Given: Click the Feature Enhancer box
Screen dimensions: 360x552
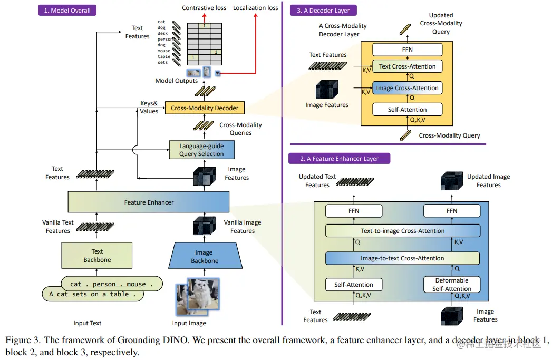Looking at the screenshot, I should [x=149, y=202].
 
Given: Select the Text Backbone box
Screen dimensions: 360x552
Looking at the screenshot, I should [x=96, y=256].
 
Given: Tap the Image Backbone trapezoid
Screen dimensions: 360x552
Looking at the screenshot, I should [x=204, y=257].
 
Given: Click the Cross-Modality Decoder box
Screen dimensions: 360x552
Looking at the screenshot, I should [x=205, y=108].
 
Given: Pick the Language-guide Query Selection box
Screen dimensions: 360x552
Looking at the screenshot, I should [x=201, y=150].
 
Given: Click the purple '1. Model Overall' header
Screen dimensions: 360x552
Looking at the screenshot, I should [x=67, y=10].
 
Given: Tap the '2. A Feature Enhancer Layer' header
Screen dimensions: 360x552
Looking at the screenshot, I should [x=339, y=158].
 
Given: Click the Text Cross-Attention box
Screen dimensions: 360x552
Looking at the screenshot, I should [x=407, y=66].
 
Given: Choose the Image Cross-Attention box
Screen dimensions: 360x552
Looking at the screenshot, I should [x=407, y=88].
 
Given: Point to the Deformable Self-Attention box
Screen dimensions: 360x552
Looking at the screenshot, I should [x=452, y=285].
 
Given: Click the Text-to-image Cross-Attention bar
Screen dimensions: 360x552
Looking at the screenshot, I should [x=402, y=231].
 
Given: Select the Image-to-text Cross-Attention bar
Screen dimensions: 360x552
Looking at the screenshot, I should [x=402, y=258].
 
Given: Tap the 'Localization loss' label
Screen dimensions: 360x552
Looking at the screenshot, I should [x=255, y=8].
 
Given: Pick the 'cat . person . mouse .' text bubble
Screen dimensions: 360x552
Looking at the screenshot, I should [x=111, y=284].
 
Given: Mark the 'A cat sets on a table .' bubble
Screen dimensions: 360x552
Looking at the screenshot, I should [x=92, y=294].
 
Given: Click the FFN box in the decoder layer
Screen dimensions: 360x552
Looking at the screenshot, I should [x=407, y=50].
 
